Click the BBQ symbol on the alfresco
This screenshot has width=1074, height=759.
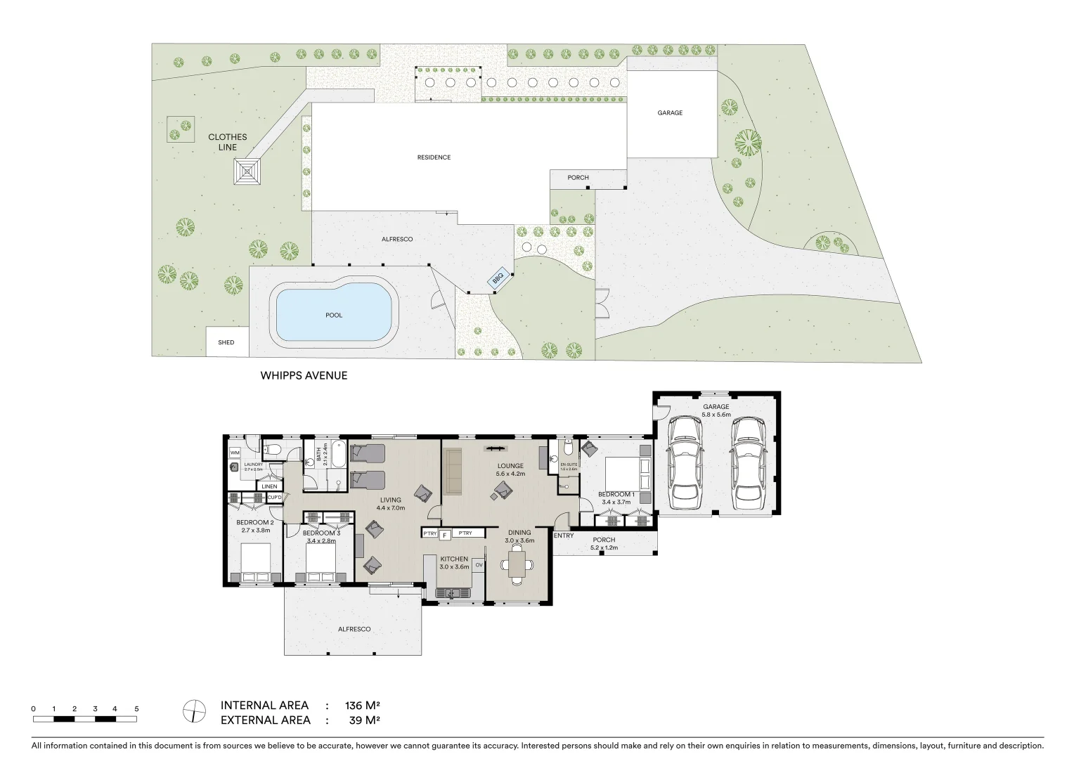(x=498, y=278)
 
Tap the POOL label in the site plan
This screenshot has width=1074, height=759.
(x=334, y=315)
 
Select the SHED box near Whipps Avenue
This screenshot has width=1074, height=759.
(x=226, y=342)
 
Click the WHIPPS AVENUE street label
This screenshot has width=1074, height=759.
(x=304, y=375)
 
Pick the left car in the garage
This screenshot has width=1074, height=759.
(x=685, y=462)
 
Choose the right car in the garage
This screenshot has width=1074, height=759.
(x=747, y=462)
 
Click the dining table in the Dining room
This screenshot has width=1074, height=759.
(x=517, y=563)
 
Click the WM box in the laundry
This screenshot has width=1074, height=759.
(x=235, y=453)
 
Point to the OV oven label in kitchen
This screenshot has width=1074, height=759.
(x=479, y=564)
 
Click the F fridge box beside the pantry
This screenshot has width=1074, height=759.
(x=444, y=535)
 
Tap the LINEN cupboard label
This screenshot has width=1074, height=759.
(x=269, y=486)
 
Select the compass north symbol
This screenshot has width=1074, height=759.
(x=194, y=711)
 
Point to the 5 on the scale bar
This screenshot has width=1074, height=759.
(x=136, y=709)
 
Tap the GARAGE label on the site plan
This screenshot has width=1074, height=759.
(x=670, y=112)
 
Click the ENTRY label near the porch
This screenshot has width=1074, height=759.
(x=564, y=536)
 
